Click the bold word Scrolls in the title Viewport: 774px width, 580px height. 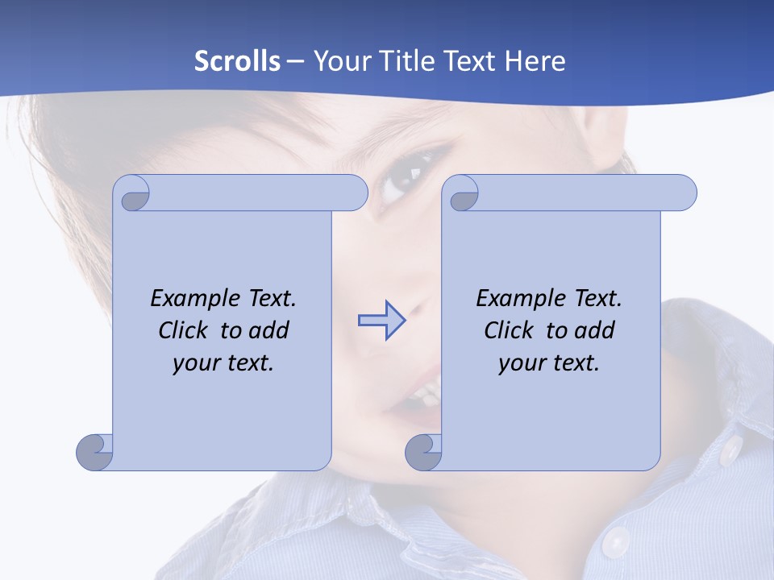click(x=238, y=60)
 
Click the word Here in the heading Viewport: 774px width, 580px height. click(x=535, y=60)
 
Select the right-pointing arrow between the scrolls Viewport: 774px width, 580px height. click(x=381, y=321)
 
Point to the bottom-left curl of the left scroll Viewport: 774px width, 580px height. click(x=94, y=451)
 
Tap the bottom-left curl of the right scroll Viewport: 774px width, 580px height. click(x=423, y=451)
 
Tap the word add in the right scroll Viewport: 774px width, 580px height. click(x=594, y=330)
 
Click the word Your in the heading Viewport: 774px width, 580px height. click(x=339, y=60)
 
